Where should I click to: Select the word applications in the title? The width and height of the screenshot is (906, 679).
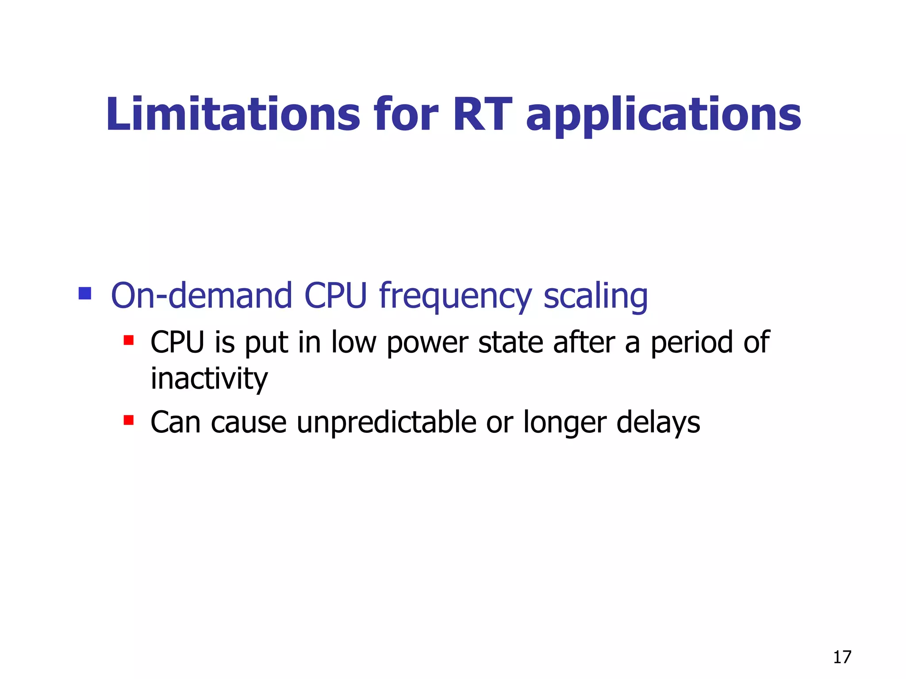663,116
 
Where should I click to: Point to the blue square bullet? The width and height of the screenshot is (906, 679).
84,294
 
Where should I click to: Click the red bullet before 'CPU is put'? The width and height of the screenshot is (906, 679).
128,340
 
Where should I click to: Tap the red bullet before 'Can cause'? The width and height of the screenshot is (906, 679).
128,420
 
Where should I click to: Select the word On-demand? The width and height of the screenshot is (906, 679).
201,295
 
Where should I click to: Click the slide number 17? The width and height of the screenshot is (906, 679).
842,657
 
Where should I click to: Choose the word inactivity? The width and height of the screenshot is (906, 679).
209,379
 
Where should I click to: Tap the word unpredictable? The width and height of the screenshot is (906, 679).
386,422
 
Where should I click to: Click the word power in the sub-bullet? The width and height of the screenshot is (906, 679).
427,343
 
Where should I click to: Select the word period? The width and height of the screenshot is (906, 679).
691,343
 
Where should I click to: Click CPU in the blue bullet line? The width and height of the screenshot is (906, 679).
336,295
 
